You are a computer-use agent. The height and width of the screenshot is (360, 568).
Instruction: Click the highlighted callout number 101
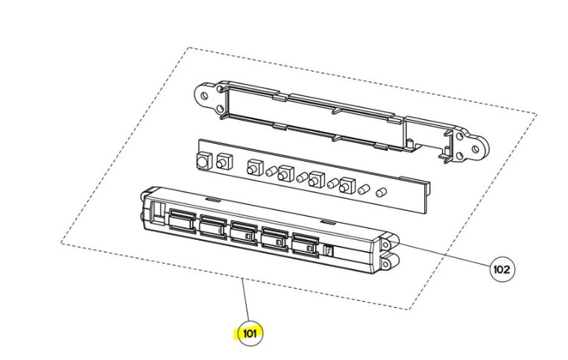(250, 333)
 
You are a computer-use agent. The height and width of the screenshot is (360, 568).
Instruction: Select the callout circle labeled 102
(502, 270)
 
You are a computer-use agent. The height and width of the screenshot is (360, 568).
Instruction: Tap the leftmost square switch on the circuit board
(204, 161)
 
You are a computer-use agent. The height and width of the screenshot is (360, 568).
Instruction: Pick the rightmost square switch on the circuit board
(347, 186)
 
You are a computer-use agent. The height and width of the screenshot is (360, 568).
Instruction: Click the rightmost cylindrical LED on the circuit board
(381, 192)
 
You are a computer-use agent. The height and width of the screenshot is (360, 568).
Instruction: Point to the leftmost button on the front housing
(183, 220)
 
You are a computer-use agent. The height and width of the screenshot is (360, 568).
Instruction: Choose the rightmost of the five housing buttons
(306, 244)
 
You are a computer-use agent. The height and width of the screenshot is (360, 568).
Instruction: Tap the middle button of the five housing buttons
(244, 232)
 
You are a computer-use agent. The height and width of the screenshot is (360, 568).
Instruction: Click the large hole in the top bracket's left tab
(204, 96)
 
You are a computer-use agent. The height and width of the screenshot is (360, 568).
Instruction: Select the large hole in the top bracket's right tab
(476, 149)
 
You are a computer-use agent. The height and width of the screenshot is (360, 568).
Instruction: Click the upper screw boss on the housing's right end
(385, 245)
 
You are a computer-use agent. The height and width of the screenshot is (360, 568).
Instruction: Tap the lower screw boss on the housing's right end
(385, 265)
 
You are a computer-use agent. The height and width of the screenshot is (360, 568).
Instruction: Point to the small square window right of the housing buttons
(329, 250)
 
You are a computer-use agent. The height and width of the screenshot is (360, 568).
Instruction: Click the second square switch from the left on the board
(224, 162)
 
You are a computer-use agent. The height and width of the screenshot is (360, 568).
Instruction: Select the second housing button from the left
(213, 227)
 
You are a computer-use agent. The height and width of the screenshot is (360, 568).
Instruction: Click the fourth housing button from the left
(275, 239)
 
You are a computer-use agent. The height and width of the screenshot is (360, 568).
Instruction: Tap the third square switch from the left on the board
(255, 168)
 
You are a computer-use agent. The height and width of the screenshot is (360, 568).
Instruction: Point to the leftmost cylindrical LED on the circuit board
(271, 171)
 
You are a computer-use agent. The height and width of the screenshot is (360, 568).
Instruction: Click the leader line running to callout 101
(246, 300)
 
